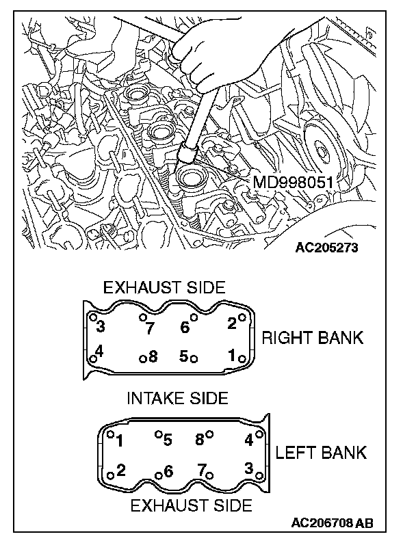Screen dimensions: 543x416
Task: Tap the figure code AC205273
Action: (x=326, y=247)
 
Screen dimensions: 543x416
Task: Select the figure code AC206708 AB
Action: (x=332, y=523)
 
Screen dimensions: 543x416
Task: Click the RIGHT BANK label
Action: (x=313, y=337)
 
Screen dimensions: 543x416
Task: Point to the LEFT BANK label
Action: (x=321, y=452)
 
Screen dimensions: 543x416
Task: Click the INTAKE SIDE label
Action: (x=178, y=397)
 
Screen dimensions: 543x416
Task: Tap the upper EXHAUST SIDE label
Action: (x=164, y=287)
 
